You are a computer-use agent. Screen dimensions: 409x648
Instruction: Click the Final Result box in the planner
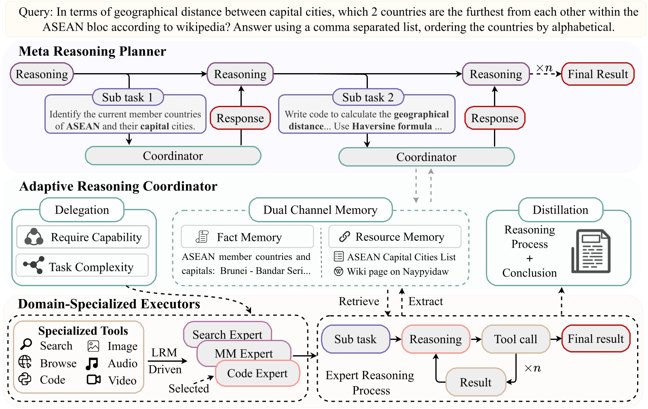coord(597,74)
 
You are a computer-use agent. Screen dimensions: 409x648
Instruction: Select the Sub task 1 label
coord(127,97)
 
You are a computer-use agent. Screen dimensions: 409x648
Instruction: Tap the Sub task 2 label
coord(367,97)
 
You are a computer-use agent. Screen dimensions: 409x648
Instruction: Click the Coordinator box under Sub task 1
coord(173,156)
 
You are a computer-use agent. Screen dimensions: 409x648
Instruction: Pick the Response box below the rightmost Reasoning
coord(494,118)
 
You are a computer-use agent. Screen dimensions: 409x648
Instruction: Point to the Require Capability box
coord(83,237)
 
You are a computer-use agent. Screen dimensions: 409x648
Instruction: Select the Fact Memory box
coord(247,237)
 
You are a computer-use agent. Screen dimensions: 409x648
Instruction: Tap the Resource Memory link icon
coord(344,237)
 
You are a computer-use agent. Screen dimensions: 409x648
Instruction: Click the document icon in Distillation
coord(591,251)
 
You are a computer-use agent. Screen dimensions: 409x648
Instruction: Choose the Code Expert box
coord(258,373)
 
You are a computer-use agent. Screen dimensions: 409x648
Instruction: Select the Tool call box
coord(515,339)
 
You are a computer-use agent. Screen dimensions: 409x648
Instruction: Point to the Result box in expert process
coord(475,382)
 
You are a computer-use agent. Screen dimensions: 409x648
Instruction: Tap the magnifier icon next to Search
coord(26,344)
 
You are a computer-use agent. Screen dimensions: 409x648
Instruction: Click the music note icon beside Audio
coord(92,363)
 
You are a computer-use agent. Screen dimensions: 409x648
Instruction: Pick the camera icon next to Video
coord(93,379)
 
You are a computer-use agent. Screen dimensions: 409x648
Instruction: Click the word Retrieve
coord(359,301)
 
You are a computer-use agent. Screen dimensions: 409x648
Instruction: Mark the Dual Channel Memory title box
coord(320,210)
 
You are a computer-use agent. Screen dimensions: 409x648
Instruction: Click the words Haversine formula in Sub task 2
coord(392,126)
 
